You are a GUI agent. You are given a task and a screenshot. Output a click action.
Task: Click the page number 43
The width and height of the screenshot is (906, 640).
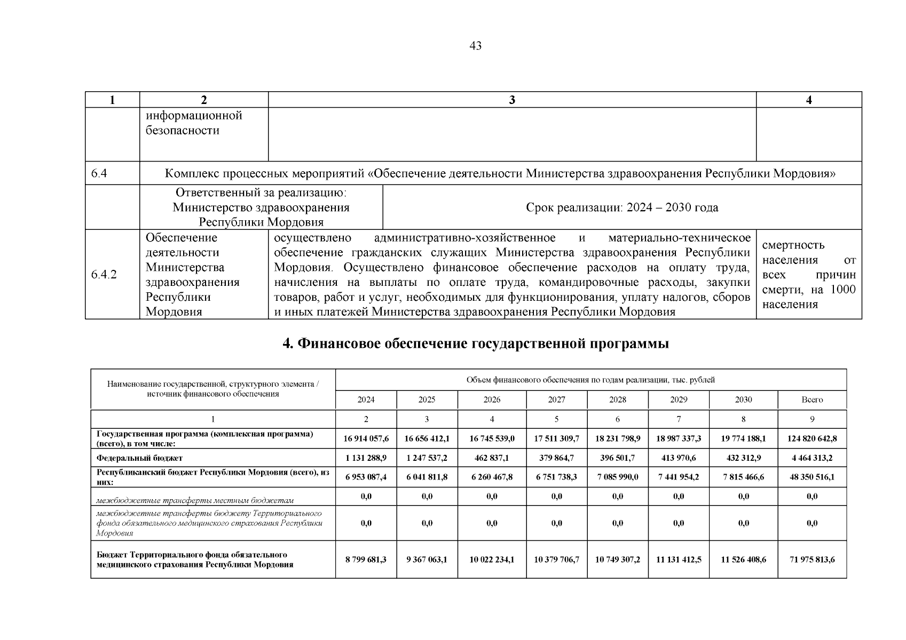click(475, 46)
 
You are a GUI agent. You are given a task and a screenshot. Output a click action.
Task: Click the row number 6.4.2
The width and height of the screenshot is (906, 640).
click(104, 275)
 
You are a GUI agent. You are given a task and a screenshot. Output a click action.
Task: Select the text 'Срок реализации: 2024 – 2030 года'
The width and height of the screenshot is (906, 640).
click(621, 207)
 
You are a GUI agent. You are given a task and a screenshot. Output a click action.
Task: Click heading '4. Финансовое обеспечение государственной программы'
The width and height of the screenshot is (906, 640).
click(475, 344)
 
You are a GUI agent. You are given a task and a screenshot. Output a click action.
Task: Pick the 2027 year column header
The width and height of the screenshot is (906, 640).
click(556, 399)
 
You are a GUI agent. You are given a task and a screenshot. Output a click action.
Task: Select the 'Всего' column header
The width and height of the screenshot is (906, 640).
click(812, 399)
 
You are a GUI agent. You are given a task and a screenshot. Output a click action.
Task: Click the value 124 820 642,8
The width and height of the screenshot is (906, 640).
click(812, 438)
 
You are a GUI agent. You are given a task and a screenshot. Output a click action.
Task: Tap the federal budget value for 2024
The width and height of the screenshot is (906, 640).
click(366, 458)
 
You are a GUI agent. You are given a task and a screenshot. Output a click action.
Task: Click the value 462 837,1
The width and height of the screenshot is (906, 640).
click(492, 458)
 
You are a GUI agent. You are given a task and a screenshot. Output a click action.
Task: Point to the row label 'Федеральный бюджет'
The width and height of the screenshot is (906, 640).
click(139, 458)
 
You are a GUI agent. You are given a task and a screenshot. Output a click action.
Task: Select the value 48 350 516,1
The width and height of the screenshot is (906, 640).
click(812, 477)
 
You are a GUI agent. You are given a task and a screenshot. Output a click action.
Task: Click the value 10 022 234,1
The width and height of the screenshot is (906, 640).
click(492, 559)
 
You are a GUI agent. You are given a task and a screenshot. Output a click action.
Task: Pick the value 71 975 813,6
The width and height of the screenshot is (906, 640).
click(812, 559)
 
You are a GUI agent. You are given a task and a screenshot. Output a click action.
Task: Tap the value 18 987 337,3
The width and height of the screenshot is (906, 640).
click(679, 438)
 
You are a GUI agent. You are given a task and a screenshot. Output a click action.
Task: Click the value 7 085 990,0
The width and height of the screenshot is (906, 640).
click(617, 477)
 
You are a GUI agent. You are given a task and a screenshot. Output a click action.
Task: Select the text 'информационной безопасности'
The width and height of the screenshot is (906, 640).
click(194, 123)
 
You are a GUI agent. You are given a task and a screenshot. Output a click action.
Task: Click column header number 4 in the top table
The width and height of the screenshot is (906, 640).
click(808, 100)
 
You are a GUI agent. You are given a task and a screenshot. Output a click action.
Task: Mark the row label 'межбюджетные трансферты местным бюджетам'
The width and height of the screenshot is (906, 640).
click(195, 500)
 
